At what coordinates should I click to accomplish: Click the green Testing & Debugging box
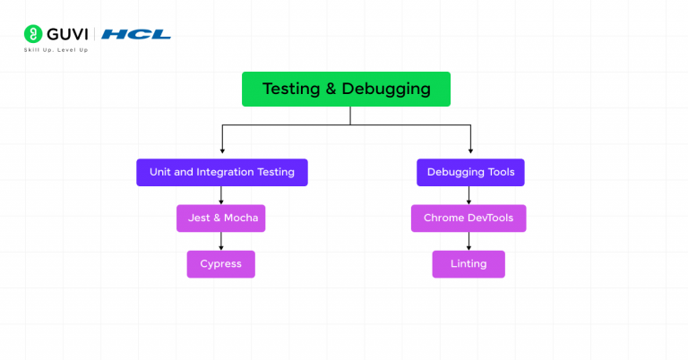click(346, 90)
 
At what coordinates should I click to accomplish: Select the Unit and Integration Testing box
click(221, 172)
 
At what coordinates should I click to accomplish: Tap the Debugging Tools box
click(470, 172)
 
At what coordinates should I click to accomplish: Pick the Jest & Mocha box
click(221, 219)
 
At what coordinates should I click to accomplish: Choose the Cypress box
click(220, 264)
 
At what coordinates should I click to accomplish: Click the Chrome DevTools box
click(469, 219)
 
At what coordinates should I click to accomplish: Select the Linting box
click(469, 264)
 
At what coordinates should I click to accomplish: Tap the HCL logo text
click(135, 34)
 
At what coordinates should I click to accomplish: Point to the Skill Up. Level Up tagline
click(56, 50)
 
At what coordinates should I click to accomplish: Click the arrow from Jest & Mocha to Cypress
click(221, 241)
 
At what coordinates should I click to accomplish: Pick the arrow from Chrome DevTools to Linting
click(469, 241)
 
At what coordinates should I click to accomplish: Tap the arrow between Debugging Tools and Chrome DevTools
click(469, 195)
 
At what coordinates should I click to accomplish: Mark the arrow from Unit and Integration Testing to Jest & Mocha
click(221, 195)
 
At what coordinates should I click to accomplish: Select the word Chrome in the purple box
click(443, 219)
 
